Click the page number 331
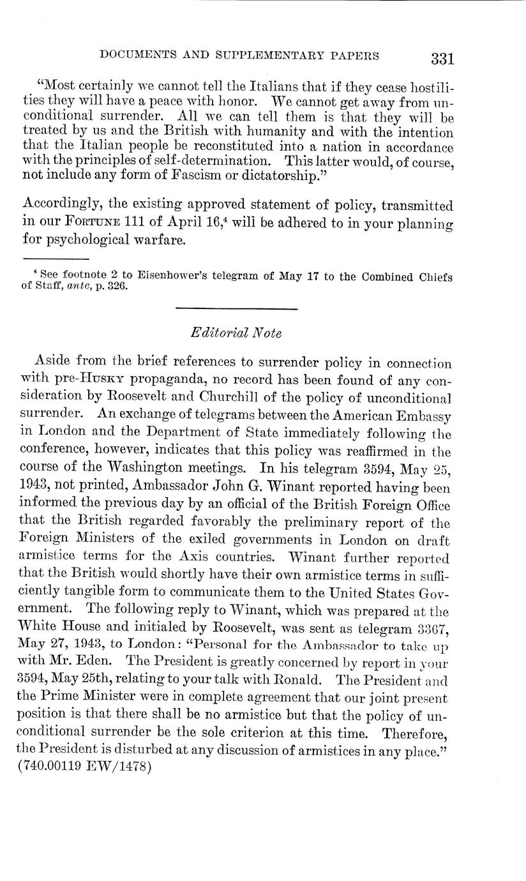pos(442,58)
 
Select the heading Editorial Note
pos(236,333)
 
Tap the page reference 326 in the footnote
pos(118,287)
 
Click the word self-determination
pos(217,161)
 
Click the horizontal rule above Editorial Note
pos(236,310)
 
